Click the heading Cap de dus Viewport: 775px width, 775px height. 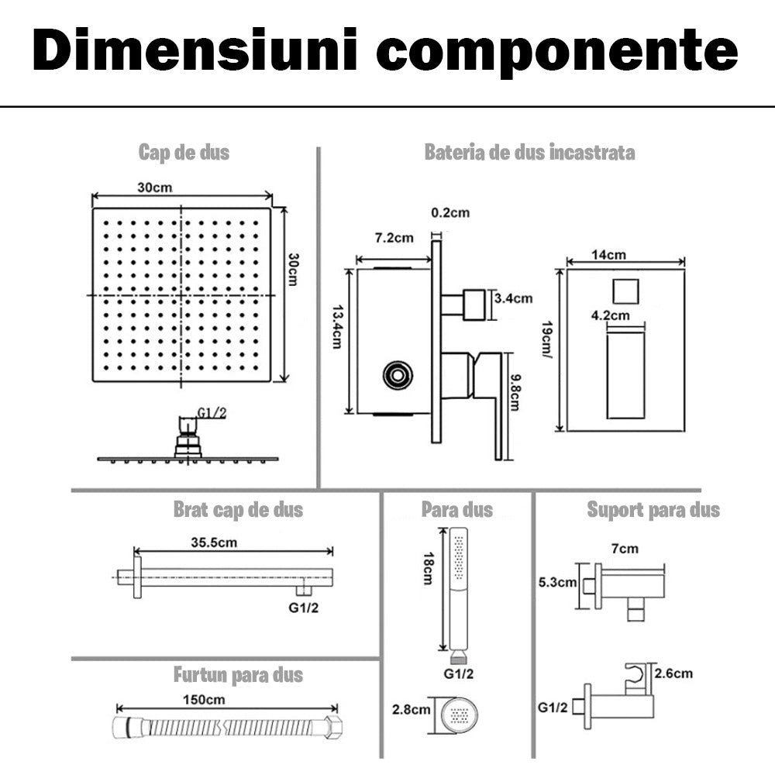pos(184,152)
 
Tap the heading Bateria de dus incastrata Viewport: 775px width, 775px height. pos(529,152)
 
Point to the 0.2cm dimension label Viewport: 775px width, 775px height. pos(450,212)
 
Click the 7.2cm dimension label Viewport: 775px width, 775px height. pos(394,238)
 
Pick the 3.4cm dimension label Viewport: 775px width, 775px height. pos(513,298)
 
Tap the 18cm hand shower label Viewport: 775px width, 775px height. pos(425,570)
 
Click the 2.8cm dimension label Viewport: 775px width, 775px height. pos(411,709)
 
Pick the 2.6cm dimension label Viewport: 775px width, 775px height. pos(673,673)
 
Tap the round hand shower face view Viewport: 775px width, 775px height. pos(457,711)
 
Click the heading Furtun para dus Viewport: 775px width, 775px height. pos(238,675)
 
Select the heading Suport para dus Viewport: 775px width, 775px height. pos(653,509)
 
